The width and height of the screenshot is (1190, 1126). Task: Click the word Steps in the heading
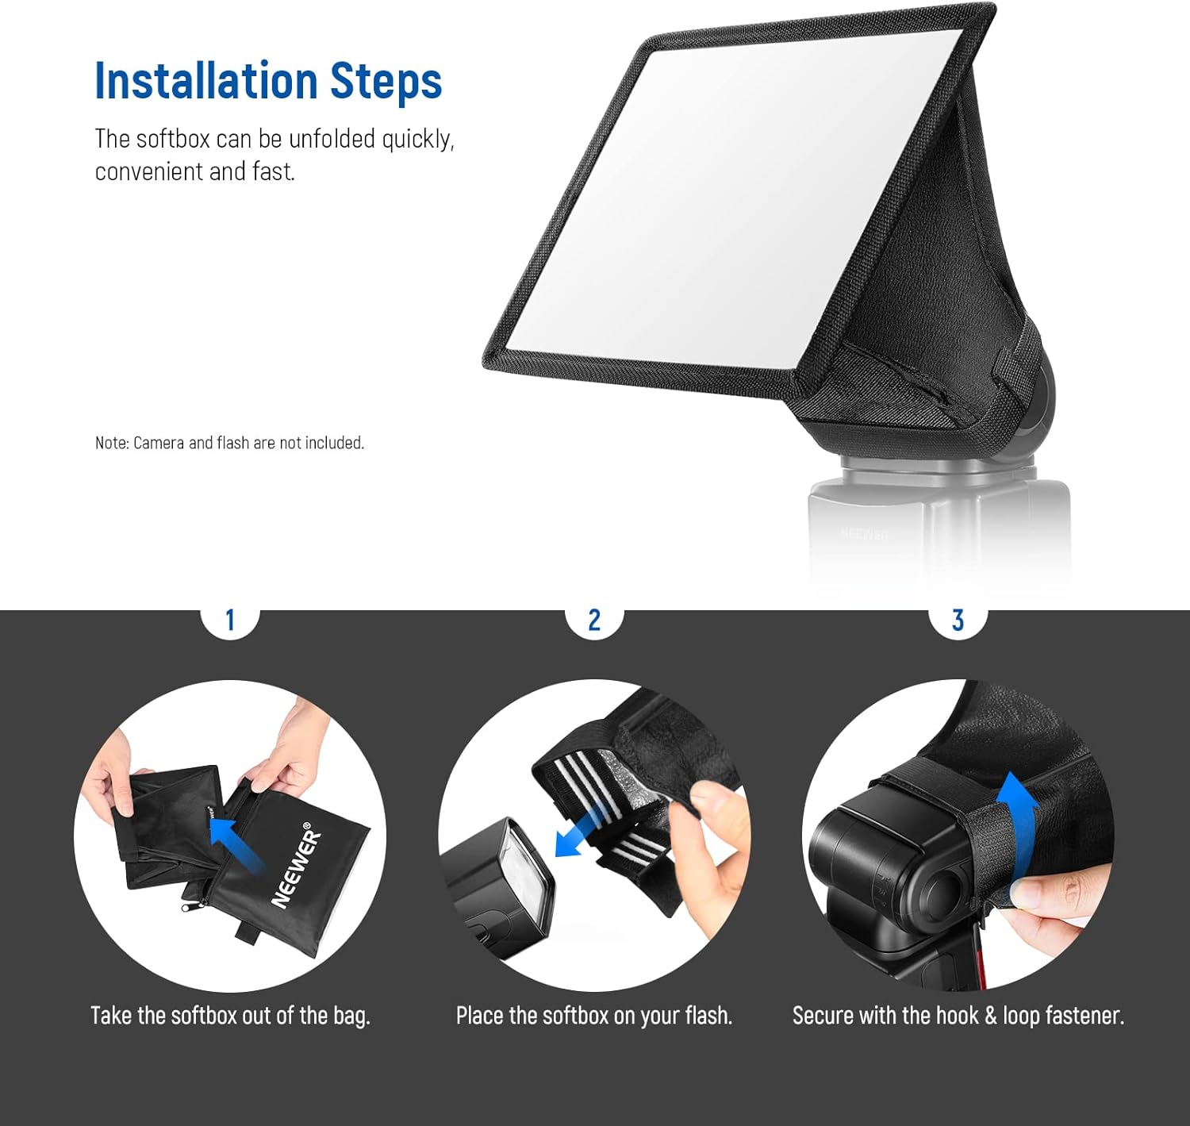[x=386, y=81]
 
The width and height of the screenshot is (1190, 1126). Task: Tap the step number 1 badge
[x=230, y=620]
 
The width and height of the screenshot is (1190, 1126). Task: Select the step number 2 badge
[x=594, y=620]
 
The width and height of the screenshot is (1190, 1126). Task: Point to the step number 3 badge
[x=958, y=620]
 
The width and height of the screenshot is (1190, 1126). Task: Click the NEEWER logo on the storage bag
[x=297, y=869]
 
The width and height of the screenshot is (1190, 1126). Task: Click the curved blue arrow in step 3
[x=1018, y=825]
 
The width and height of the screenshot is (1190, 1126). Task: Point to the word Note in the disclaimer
[x=111, y=443]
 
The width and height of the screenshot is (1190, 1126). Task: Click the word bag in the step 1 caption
[x=351, y=1016]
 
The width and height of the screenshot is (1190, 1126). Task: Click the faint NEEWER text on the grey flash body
[x=865, y=534]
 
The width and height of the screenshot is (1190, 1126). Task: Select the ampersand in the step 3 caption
[x=990, y=1016]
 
